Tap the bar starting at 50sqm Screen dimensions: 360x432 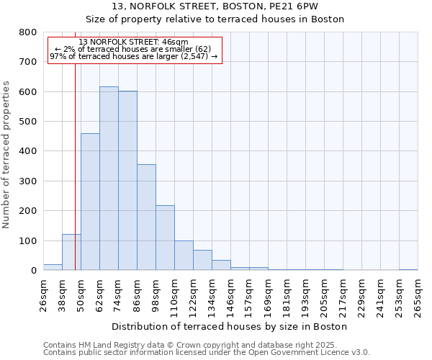tap(90, 202)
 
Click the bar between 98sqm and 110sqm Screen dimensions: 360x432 tap(165, 238)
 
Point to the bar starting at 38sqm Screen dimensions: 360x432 tap(71, 252)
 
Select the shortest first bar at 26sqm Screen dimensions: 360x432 tap(53, 267)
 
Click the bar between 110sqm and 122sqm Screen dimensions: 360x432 tap(184, 256)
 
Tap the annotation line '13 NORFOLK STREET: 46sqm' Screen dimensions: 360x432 tap(134, 42)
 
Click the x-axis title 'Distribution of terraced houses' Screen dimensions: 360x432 tap(230, 326)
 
